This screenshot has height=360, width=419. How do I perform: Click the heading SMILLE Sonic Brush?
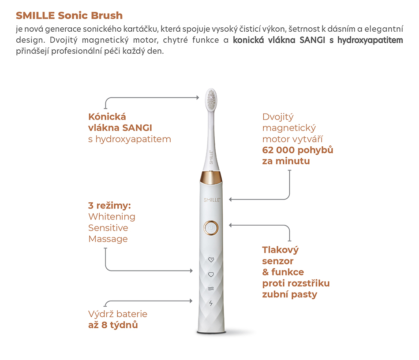69,15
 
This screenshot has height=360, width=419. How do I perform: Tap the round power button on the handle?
211,228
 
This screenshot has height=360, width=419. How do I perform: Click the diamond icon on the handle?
211,260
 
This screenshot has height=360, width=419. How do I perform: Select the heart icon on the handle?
211,275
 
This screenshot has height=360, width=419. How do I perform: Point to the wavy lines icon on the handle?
211,289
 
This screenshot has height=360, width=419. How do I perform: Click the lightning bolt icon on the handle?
211,303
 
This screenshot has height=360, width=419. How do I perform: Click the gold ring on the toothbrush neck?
211,177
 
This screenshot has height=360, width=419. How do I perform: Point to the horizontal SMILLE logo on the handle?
212,200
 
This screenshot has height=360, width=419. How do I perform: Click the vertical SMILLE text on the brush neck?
211,157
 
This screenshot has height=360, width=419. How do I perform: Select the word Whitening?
112,217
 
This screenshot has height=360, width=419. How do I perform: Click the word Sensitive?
108,228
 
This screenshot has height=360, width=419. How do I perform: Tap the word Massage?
108,239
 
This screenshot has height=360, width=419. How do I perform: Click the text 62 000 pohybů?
298,150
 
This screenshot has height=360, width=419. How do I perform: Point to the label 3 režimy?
109,206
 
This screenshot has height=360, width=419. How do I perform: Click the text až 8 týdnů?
113,325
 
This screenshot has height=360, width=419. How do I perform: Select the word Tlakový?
281,250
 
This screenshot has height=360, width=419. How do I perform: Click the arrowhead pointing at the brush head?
198,97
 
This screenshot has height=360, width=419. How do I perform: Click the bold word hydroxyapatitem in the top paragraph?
370,40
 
